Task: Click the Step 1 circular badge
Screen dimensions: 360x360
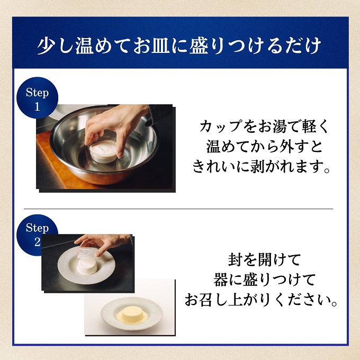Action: pos(38,98)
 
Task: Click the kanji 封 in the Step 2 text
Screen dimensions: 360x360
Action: pos(236,259)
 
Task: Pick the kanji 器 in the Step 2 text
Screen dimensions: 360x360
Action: pos(221,280)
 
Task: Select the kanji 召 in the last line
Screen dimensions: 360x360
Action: pos(206,300)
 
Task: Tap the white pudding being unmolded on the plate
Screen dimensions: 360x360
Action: pos(87,266)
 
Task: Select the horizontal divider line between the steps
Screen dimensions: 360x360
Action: pos(178,209)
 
